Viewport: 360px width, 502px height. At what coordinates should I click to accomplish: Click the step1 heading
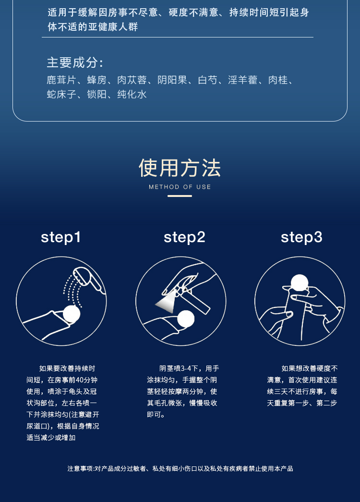[x=61, y=238]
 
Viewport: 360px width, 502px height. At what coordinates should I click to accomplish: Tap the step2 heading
[x=184, y=238]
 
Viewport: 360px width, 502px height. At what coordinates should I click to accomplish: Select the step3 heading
[x=301, y=238]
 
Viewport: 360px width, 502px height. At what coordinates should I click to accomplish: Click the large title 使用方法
[x=180, y=168]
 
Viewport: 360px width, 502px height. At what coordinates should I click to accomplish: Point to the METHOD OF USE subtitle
[x=180, y=187]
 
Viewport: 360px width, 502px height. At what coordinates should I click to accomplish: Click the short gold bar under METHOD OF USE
[x=180, y=196]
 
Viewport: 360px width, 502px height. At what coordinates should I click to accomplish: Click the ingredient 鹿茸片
[x=61, y=80]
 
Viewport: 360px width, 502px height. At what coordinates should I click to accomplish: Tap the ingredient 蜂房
[x=97, y=80]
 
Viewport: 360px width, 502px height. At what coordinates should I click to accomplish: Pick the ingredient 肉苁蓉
[x=132, y=80]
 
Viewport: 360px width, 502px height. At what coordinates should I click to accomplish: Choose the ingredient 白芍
[x=208, y=80]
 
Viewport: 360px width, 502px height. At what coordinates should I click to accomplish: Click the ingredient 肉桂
[x=278, y=80]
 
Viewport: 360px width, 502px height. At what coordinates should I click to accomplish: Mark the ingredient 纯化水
[x=132, y=94]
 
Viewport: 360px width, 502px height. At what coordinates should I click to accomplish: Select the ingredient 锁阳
[x=97, y=94]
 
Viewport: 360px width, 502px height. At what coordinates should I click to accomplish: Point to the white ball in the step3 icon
[x=300, y=283]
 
